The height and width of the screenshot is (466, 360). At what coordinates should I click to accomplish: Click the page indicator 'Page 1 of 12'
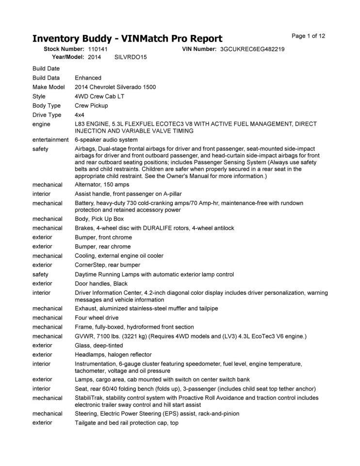point(308,36)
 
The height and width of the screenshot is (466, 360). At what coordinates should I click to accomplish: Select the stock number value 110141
point(98,49)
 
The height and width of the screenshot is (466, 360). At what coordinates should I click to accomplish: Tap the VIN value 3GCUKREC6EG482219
point(252,49)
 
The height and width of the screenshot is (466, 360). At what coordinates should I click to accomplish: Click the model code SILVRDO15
point(131,57)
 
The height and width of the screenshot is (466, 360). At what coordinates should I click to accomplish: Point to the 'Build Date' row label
point(46,68)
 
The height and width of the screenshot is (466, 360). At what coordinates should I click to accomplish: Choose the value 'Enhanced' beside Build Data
point(88,78)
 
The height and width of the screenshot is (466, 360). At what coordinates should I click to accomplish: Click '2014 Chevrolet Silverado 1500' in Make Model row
point(115,87)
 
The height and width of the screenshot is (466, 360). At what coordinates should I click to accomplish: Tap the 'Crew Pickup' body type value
point(91,105)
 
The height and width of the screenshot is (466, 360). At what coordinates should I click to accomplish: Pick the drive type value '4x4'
point(80,115)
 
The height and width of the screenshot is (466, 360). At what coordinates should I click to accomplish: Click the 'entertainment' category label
point(50,140)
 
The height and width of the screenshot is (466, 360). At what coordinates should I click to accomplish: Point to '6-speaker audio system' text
point(106,140)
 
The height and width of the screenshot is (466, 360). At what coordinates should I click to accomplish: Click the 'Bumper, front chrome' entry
point(103,237)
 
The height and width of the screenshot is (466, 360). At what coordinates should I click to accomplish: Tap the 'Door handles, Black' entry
point(101,283)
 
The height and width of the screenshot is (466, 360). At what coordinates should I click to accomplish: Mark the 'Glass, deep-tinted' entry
point(98,345)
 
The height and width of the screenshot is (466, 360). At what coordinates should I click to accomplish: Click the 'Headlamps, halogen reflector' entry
point(113,354)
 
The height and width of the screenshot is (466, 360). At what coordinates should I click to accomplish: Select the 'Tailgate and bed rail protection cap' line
point(126,423)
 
